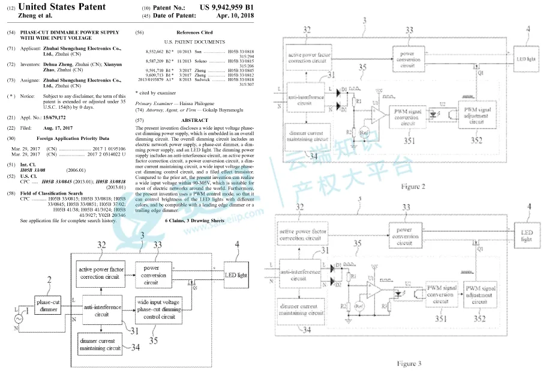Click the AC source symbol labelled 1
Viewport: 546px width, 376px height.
[17, 316]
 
